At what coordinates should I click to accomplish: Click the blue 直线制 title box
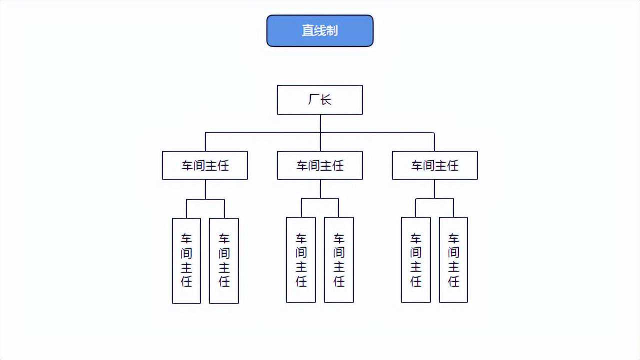point(320,30)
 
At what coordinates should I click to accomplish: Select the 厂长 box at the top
point(320,100)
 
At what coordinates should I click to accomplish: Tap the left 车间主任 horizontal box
point(205,165)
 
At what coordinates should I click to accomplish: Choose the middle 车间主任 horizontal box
point(320,165)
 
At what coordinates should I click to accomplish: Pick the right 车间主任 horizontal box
point(434,165)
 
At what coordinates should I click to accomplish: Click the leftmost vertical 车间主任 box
point(186,260)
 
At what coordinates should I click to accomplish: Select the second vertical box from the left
point(224,260)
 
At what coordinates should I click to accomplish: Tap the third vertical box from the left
point(301,260)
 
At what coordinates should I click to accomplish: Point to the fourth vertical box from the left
point(339,260)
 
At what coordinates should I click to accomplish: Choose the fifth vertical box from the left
point(416,260)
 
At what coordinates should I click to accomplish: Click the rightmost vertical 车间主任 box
point(453,260)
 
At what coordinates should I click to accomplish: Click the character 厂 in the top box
point(313,100)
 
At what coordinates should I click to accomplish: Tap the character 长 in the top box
point(326,100)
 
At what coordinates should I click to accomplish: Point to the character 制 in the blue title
point(332,30)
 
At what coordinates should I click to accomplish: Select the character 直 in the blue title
point(308,30)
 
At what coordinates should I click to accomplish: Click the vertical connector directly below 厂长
point(320,123)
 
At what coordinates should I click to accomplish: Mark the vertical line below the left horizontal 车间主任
point(205,189)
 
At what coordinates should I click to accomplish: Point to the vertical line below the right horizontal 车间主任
point(434,189)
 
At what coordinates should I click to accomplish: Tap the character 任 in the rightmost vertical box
point(453,281)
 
